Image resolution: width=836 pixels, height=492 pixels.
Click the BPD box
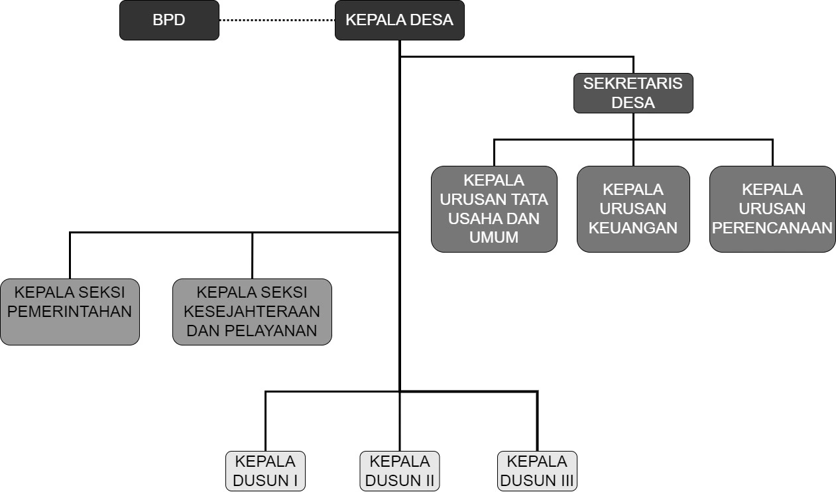click(169, 20)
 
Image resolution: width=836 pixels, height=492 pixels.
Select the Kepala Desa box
click(399, 20)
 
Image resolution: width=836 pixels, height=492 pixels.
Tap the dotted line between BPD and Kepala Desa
click(277, 20)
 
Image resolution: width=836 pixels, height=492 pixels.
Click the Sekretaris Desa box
click(633, 93)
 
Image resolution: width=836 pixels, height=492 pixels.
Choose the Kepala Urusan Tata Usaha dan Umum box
click(494, 209)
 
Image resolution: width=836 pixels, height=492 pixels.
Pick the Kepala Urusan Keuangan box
click(633, 209)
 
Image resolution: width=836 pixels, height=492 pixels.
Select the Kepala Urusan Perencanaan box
click(772, 209)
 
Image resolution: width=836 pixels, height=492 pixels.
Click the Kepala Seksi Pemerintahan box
click(70, 312)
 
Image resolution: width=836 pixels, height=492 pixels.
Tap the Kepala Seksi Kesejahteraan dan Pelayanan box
click(252, 312)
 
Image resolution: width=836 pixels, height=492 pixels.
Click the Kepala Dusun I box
click(265, 471)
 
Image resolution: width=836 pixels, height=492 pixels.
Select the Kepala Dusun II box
click(399, 471)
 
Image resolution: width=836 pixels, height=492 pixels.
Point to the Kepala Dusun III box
click(537, 471)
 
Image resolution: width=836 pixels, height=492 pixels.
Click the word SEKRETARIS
click(633, 84)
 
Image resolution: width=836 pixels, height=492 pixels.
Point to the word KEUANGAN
click(633, 227)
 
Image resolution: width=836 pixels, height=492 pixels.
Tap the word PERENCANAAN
click(772, 227)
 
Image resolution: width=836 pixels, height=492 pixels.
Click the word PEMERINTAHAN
click(70, 312)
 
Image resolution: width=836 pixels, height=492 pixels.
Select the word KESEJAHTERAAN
click(252, 312)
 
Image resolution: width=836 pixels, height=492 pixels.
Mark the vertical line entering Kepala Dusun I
click(265, 422)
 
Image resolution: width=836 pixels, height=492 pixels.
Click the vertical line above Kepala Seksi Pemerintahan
click(70, 256)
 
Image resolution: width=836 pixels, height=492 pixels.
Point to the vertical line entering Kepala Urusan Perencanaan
click(772, 153)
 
